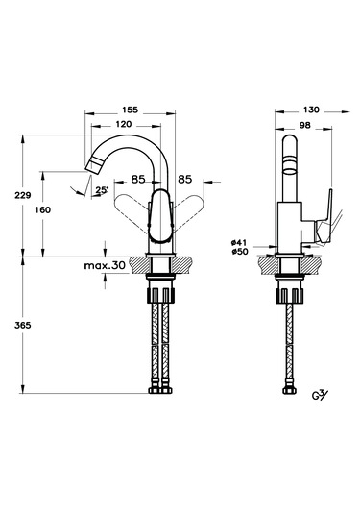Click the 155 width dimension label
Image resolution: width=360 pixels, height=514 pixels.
(131, 110)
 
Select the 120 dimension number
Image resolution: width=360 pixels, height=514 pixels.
(124, 124)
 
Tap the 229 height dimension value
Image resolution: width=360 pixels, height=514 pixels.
(23, 195)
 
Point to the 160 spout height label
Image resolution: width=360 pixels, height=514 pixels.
(43, 209)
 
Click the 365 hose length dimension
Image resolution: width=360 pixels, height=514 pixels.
(23, 325)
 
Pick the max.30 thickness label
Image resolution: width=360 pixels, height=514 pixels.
(105, 265)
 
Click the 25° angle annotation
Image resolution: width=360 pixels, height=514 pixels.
(102, 190)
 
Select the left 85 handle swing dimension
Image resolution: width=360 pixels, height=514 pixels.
(138, 180)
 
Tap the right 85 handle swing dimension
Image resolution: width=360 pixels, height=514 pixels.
(184, 180)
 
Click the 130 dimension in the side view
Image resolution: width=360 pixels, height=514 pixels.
(311, 110)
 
